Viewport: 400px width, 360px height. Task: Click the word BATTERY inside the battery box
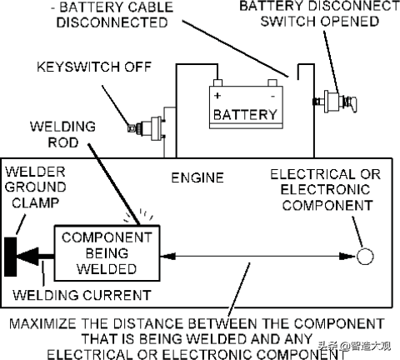[245, 114]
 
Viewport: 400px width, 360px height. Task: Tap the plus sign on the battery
[217, 96]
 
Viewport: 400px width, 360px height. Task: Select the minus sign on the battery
[272, 97]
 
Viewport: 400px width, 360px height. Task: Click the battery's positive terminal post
[217, 82]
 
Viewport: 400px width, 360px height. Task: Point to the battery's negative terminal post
[272, 82]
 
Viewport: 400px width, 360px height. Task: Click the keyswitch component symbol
[147, 128]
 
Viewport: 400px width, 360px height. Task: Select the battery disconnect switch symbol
[334, 102]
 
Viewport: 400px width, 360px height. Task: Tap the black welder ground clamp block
[11, 257]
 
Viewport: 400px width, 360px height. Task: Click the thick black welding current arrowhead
[27, 257]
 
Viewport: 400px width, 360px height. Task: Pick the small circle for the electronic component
[365, 256]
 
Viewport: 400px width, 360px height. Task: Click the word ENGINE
[197, 177]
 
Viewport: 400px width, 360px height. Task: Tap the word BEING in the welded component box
[107, 253]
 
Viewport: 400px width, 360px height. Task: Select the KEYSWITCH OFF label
[94, 67]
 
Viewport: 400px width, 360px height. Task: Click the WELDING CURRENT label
[82, 295]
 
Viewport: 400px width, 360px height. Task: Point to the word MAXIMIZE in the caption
[42, 324]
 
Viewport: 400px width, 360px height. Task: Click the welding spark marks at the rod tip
[139, 216]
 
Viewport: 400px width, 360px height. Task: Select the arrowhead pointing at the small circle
[347, 256]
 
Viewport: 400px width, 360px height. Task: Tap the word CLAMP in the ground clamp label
[35, 202]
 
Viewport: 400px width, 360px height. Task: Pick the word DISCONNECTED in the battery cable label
[112, 22]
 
